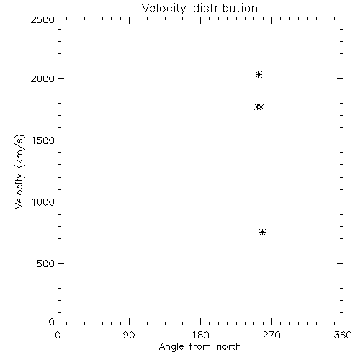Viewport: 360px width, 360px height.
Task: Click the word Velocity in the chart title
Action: pyautogui.click(x=164, y=9)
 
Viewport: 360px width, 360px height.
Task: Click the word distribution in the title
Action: pyautogui.click(x=225, y=8)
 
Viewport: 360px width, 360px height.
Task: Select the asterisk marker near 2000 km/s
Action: pyautogui.click(x=258, y=75)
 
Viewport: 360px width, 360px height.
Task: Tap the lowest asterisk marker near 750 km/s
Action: pyautogui.click(x=262, y=232)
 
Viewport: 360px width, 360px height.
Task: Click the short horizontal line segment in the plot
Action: pyautogui.click(x=149, y=107)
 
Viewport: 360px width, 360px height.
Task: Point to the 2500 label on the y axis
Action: pyautogui.click(x=42, y=19)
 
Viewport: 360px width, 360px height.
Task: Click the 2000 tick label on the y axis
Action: pyautogui.click(x=42, y=78)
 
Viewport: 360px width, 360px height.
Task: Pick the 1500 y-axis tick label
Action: pyautogui.click(x=43, y=140)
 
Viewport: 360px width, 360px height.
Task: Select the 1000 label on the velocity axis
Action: pyautogui.click(x=43, y=202)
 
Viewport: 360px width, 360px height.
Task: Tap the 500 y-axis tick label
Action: pyautogui.click(x=46, y=264)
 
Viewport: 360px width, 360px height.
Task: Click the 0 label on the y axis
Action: pyautogui.click(x=52, y=322)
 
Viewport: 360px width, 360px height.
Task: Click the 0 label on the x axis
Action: pyautogui.click(x=58, y=335)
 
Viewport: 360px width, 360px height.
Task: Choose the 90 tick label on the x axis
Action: pyautogui.click(x=129, y=335)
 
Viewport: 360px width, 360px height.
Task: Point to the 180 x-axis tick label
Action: pyautogui.click(x=200, y=335)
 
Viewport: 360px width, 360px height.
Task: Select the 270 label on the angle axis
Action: pyautogui.click(x=271, y=335)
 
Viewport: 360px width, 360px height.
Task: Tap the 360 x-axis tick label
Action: pyautogui.click(x=343, y=335)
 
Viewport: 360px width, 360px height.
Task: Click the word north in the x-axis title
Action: pyautogui.click(x=229, y=347)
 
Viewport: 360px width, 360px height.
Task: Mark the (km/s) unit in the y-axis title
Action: pyautogui.click(x=19, y=151)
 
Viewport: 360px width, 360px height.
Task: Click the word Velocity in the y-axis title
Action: pyautogui.click(x=19, y=190)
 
